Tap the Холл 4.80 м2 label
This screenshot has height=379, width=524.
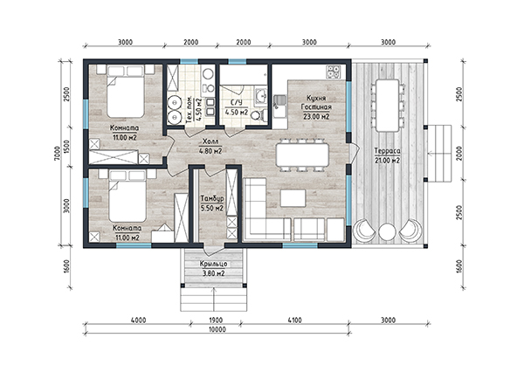click(210, 146)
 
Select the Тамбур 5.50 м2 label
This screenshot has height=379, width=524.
click(212, 203)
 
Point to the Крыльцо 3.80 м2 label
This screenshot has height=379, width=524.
click(214, 269)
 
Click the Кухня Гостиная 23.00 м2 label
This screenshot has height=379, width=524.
click(316, 107)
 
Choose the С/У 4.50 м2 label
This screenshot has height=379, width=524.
click(237, 107)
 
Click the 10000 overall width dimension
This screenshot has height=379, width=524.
click(217, 329)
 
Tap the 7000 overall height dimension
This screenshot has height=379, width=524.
click(58, 154)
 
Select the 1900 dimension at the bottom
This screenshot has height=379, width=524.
click(216, 320)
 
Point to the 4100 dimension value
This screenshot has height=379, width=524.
click(294, 320)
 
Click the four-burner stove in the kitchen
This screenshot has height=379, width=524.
click(334, 72)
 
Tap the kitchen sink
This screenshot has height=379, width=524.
click(279, 102)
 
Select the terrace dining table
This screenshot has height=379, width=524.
click(387, 106)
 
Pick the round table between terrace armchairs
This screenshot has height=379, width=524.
click(387, 231)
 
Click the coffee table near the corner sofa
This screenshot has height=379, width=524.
click(293, 198)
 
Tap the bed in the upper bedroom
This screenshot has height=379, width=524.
click(126, 96)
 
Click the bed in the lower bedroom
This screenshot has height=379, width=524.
click(128, 201)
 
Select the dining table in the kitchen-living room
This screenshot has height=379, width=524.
click(302, 155)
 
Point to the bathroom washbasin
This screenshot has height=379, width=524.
click(261, 96)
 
